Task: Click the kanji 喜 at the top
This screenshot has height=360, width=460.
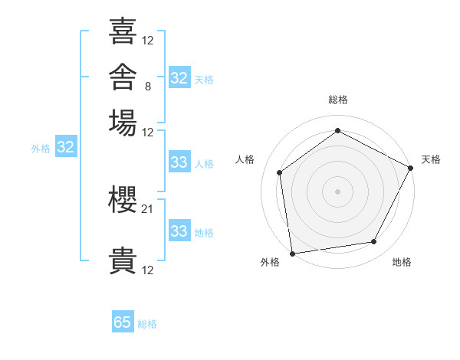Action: pos(123,31)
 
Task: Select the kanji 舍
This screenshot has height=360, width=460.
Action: pos(123,77)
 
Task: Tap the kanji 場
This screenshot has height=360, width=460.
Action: pos(123,123)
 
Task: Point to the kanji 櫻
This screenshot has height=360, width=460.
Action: pos(123,200)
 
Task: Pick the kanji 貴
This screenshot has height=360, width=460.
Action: pos(123,260)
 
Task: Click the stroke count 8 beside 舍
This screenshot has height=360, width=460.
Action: pos(148,87)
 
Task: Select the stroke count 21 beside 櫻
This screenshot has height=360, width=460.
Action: pos(147,209)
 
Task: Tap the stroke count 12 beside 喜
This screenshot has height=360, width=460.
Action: pos(147,41)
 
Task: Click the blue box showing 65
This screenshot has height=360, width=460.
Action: pos(123,321)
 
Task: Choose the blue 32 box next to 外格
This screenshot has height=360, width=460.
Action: pos(66,146)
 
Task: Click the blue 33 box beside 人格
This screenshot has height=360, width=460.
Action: pos(179,162)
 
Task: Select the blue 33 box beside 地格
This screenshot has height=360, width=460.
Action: pos(179,230)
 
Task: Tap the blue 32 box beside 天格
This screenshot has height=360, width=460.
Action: pos(179,77)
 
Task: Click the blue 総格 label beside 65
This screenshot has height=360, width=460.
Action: pos(147,324)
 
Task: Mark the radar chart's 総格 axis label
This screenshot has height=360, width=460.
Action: pos(338,100)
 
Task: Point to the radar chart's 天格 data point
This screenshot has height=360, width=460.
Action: pos(410,168)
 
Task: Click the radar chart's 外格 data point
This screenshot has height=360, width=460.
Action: pos(293,254)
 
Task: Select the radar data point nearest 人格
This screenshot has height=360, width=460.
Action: pos(279,172)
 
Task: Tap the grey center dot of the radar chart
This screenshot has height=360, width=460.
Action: pos(337,191)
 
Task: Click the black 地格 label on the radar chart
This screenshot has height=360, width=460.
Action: pos(402,262)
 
